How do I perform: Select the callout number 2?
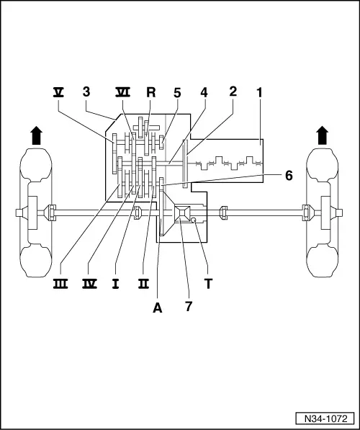(233, 92)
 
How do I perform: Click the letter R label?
(150, 92)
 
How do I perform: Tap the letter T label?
(209, 283)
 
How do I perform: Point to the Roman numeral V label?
(58, 92)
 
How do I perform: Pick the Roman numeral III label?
(60, 283)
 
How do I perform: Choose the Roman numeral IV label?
(90, 283)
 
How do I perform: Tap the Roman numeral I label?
(115, 283)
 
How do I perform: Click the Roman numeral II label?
(143, 283)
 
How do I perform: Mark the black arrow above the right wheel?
(322, 134)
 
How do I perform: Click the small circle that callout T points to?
(194, 230)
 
